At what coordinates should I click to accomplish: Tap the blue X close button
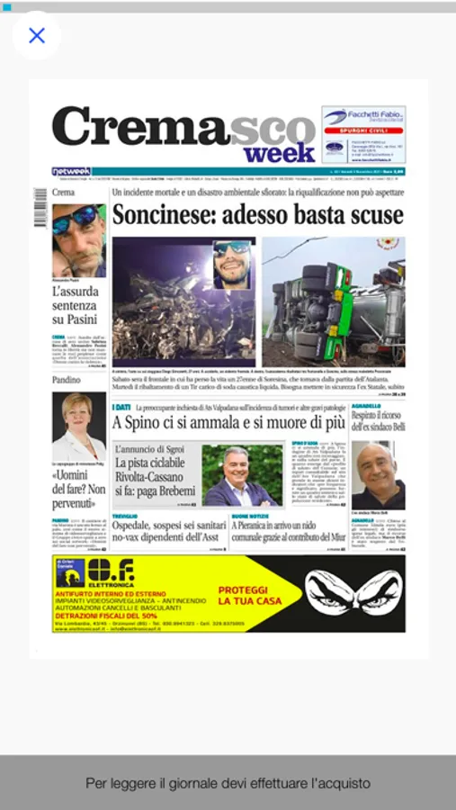click(x=37, y=36)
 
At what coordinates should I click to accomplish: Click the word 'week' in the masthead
click(x=279, y=153)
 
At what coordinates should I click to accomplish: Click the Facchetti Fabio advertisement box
click(x=363, y=134)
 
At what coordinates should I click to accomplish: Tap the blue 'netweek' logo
click(x=71, y=171)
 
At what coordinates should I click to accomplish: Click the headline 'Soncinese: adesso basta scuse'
click(x=257, y=216)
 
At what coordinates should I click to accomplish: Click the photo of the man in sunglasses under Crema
click(x=78, y=241)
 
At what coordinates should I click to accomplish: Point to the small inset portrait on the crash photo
click(x=232, y=264)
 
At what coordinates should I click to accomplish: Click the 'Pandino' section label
click(x=68, y=381)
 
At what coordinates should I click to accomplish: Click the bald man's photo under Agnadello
click(x=378, y=475)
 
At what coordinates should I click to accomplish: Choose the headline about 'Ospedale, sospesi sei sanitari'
click(x=167, y=530)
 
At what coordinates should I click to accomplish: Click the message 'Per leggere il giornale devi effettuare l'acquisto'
click(x=228, y=783)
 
